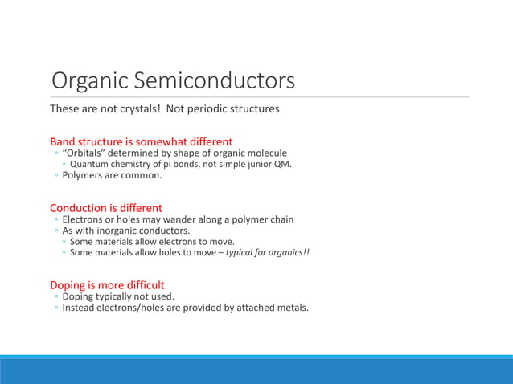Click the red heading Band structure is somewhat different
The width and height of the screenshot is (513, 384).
click(141, 141)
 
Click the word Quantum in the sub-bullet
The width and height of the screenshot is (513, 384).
click(90, 165)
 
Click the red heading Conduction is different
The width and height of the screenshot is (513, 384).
click(105, 208)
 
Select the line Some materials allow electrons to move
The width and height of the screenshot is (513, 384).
click(152, 242)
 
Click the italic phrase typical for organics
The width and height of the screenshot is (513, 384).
click(264, 253)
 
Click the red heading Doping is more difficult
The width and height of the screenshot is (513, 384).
click(107, 284)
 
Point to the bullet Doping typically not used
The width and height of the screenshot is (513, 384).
click(118, 296)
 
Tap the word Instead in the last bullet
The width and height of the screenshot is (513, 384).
click(81, 307)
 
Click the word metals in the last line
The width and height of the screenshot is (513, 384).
click(292, 307)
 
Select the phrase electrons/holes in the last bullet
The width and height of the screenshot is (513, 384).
click(135, 307)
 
